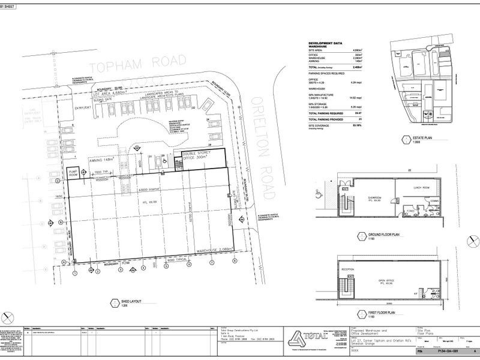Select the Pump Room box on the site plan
click(x=73, y=173)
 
